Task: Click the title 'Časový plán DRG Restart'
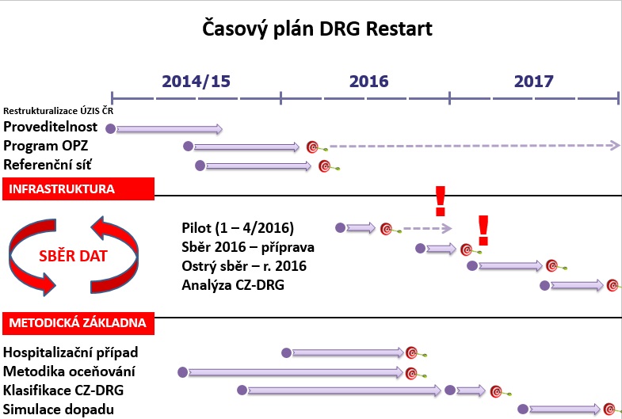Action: tap(317, 29)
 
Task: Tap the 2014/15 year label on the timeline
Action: tap(196, 82)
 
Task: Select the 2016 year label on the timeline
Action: tap(369, 82)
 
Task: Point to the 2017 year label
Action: tap(533, 82)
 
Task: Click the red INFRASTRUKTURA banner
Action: tap(78, 189)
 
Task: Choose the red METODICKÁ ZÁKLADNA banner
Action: tap(78, 323)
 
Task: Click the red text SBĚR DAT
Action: tap(73, 256)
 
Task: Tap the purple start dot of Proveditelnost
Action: tap(111, 128)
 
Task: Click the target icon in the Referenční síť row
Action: tap(325, 166)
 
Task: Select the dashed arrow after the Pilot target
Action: tap(428, 228)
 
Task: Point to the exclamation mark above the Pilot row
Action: tap(441, 201)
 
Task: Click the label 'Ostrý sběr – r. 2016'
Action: tap(244, 266)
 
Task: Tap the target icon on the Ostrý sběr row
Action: tap(552, 265)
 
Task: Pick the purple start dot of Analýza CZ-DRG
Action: tap(544, 285)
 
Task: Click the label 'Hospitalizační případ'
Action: tap(71, 352)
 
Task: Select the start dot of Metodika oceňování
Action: tap(182, 372)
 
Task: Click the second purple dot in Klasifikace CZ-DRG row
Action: tap(450, 390)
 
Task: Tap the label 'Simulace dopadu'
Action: tap(59, 409)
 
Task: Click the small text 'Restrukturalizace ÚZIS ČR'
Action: tap(59, 111)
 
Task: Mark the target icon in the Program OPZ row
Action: tap(313, 147)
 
